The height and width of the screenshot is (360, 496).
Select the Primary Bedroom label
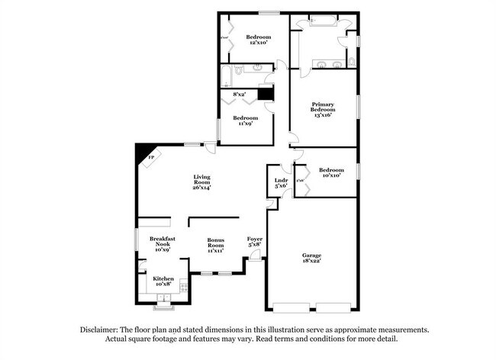click(323, 108)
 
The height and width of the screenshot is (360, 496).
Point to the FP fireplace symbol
click(150, 158)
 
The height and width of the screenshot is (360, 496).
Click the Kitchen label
click(163, 279)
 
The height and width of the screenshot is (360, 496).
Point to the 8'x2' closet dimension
click(240, 95)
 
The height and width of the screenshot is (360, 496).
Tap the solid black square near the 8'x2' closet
click(265, 94)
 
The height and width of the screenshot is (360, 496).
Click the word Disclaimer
click(101, 329)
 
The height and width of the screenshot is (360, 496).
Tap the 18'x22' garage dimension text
click(311, 261)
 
